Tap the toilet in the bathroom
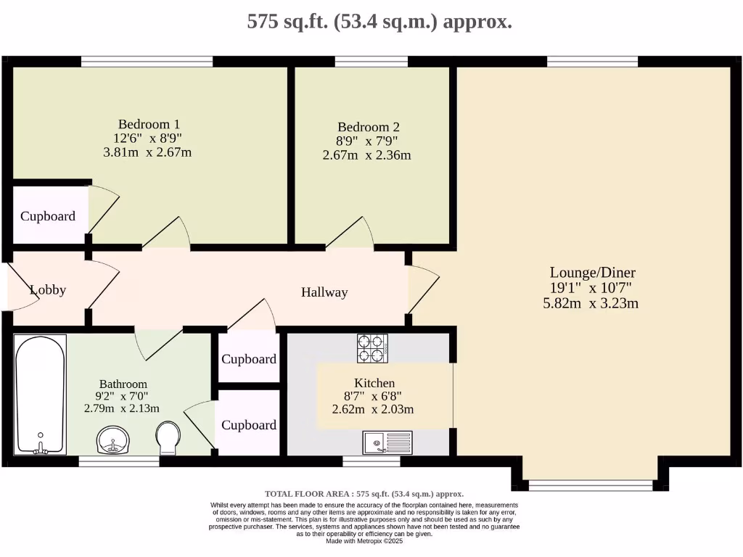[x=168, y=438]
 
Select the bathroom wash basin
[x=112, y=440]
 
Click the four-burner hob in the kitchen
[x=372, y=348]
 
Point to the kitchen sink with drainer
[x=387, y=442]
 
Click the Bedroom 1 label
[x=149, y=124]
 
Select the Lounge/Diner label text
[x=592, y=273]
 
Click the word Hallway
[x=324, y=292]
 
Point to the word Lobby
[x=48, y=290]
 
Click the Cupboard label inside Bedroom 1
[x=48, y=216]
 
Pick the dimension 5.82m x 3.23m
[x=591, y=303]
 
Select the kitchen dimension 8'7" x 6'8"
[x=374, y=396]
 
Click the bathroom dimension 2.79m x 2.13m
[x=122, y=408]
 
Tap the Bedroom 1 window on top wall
[x=147, y=62]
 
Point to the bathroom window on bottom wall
[x=118, y=461]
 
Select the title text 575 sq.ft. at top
[x=379, y=21]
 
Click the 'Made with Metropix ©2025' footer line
[x=364, y=540]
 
